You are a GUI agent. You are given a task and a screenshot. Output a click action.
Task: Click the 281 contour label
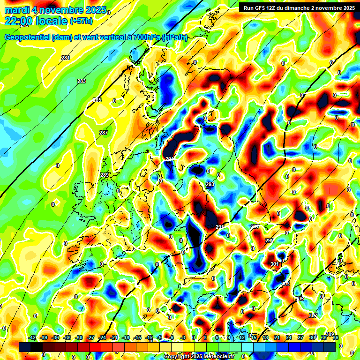pyautogui.click(x=65, y=58)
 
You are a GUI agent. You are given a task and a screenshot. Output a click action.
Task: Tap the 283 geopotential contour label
pyautogui.click(x=82, y=81)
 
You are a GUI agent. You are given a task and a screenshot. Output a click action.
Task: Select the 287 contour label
pyautogui.click(x=104, y=133)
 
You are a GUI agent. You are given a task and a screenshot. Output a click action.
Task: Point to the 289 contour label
pyautogui.click(x=105, y=175)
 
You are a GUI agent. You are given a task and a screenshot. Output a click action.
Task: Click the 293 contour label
pyautogui.click(x=210, y=184)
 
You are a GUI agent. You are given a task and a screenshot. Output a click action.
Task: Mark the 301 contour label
pyautogui.click(x=275, y=264)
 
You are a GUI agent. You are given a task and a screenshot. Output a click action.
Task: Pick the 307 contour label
pyautogui.click(x=313, y=315)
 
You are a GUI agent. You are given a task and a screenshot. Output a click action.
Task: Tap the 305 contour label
pyautogui.click(x=300, y=299)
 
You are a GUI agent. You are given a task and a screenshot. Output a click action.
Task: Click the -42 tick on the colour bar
pyautogui.click(x=32, y=337)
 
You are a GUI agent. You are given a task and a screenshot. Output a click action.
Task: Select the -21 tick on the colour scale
pyautogui.click(x=114, y=337)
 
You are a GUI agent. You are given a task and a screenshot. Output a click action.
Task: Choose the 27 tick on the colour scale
pyautogui.click(x=300, y=337)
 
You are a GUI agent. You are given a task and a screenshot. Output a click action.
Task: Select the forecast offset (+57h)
pyautogui.click(x=82, y=21)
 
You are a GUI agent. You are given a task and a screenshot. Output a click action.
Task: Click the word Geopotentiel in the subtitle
pyautogui.click(x=26, y=37)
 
